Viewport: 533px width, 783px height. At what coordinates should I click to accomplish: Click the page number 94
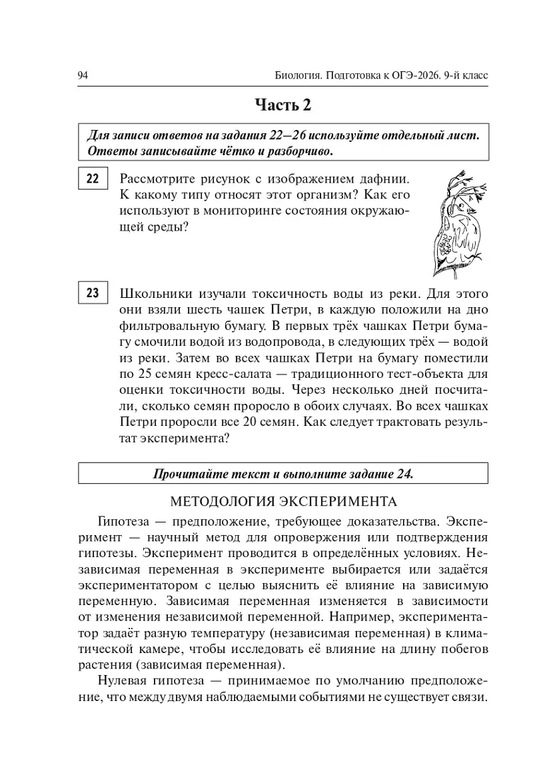point(83,75)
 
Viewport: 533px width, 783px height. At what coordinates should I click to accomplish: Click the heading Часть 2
point(283,105)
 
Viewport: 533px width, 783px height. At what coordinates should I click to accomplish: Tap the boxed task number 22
point(93,179)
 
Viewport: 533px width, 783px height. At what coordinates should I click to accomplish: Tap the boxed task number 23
point(93,293)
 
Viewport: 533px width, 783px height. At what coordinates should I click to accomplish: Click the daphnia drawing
point(453,223)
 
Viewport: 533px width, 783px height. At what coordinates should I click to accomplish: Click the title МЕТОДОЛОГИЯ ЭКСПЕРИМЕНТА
point(283,500)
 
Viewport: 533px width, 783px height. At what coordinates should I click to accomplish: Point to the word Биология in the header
point(296,75)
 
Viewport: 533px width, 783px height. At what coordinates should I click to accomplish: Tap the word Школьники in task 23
point(153,293)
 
